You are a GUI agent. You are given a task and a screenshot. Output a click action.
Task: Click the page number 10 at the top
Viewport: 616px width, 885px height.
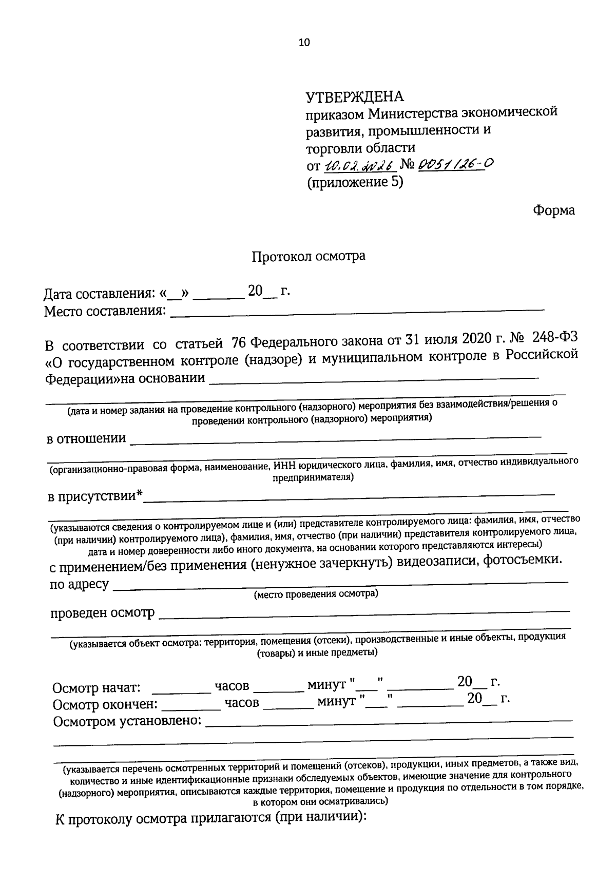pos(304,43)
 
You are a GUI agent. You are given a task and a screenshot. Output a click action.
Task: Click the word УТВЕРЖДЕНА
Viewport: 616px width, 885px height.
pos(355,97)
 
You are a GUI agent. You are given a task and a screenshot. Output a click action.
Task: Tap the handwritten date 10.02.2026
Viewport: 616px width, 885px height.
pos(358,165)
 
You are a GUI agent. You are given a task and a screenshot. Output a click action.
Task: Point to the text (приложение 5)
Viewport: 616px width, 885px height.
pos(355,182)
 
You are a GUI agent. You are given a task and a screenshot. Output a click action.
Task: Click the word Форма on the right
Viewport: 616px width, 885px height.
pos(554,210)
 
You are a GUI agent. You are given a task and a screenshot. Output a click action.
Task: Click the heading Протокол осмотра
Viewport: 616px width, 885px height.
pos(308,256)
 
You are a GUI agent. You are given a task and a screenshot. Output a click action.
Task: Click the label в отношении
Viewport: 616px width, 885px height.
pos(86,439)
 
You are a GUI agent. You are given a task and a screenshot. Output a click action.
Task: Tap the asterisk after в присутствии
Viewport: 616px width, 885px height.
pos(139,495)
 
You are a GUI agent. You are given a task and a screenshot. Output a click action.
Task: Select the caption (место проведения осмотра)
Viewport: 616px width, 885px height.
pos(316,594)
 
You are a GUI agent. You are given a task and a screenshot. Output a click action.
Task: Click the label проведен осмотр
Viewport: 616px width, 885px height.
pos(102,613)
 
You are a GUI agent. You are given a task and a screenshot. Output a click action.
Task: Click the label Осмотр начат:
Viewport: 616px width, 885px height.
pos(97,687)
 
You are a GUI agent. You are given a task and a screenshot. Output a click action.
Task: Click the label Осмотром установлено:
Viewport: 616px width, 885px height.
pos(127,721)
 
